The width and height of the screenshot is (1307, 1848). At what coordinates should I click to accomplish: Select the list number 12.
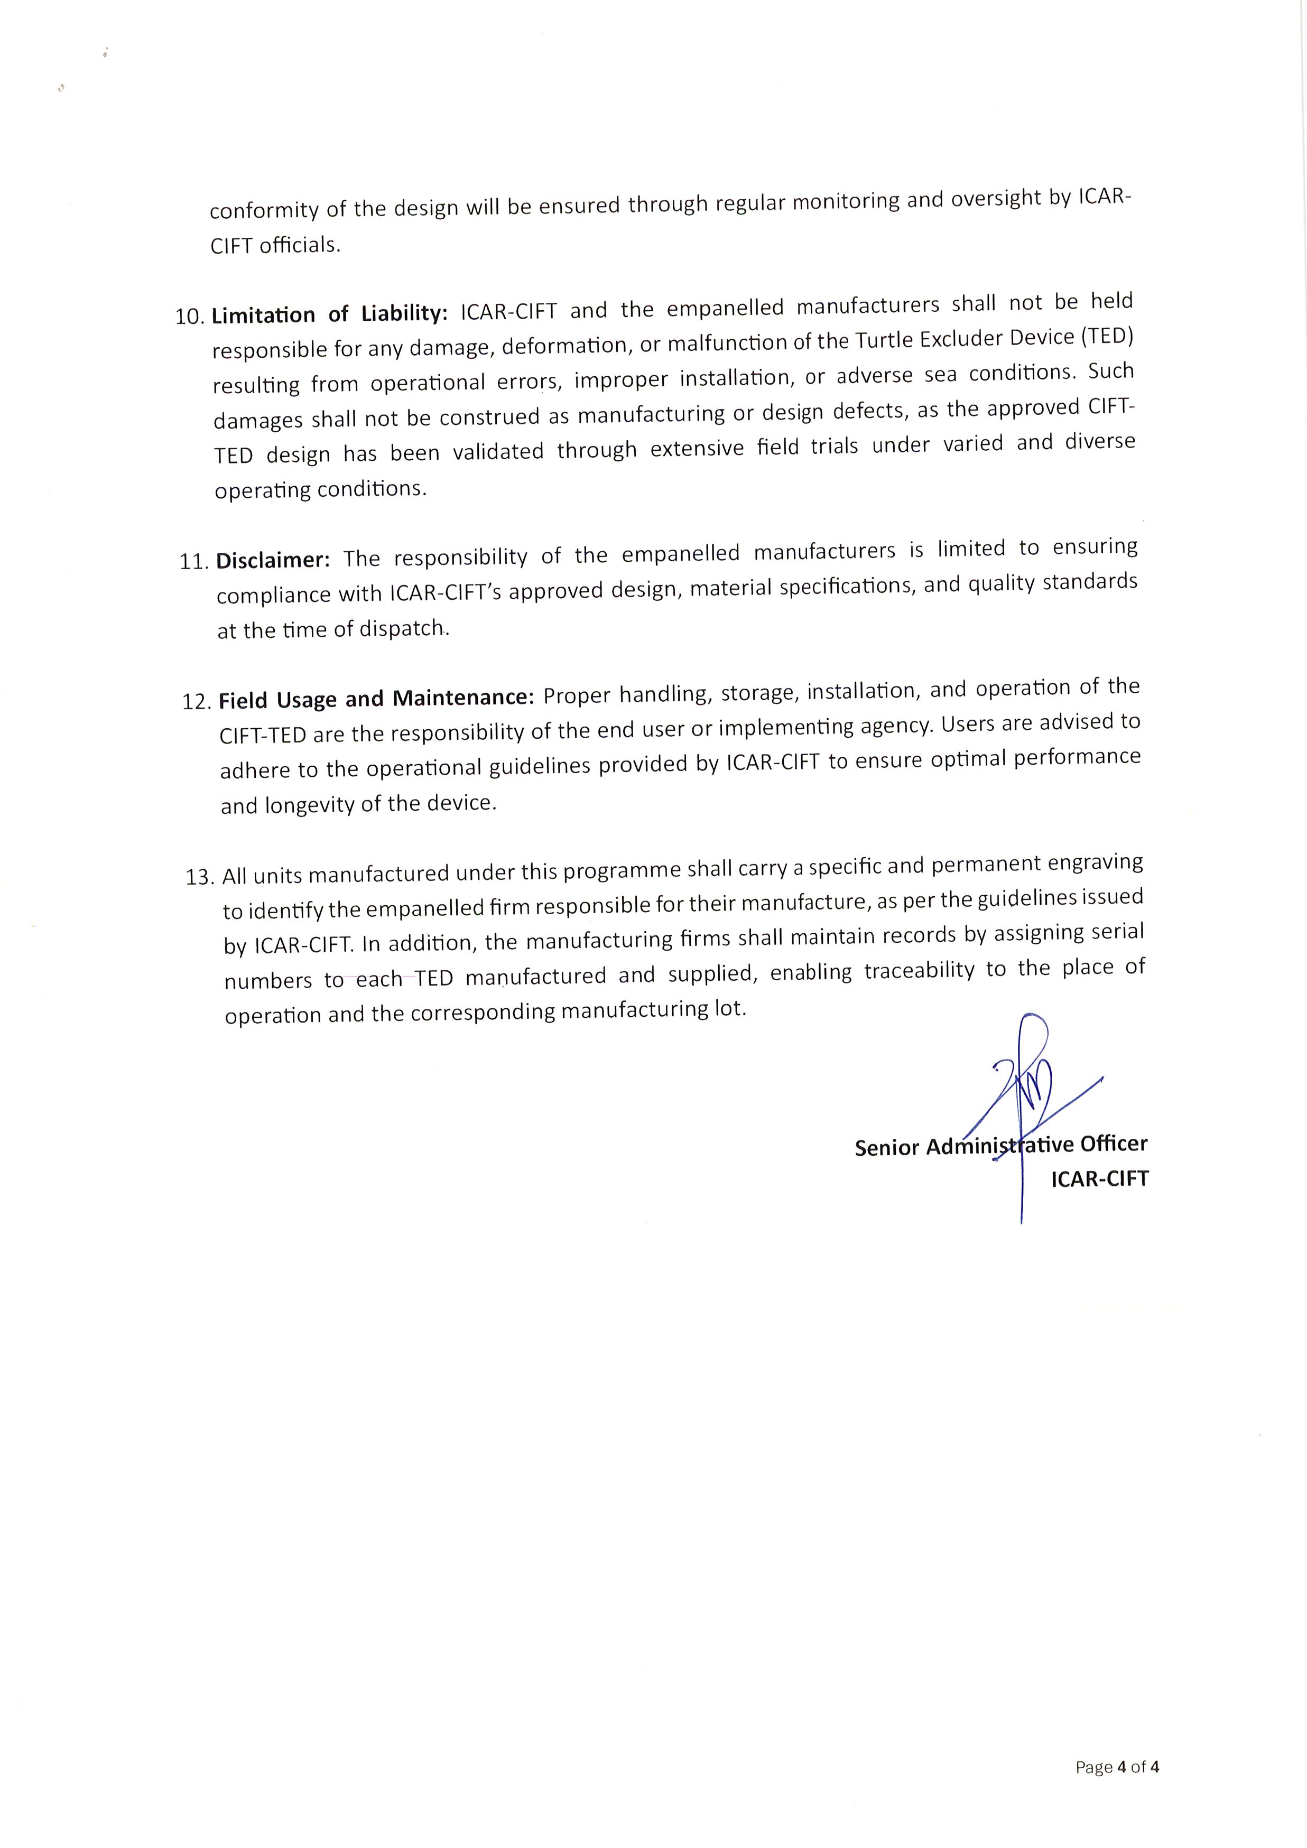[197, 702]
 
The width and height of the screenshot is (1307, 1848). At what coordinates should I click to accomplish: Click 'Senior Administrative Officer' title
[1000, 1146]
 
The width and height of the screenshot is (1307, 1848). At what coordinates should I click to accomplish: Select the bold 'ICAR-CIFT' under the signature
[1099, 1179]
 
